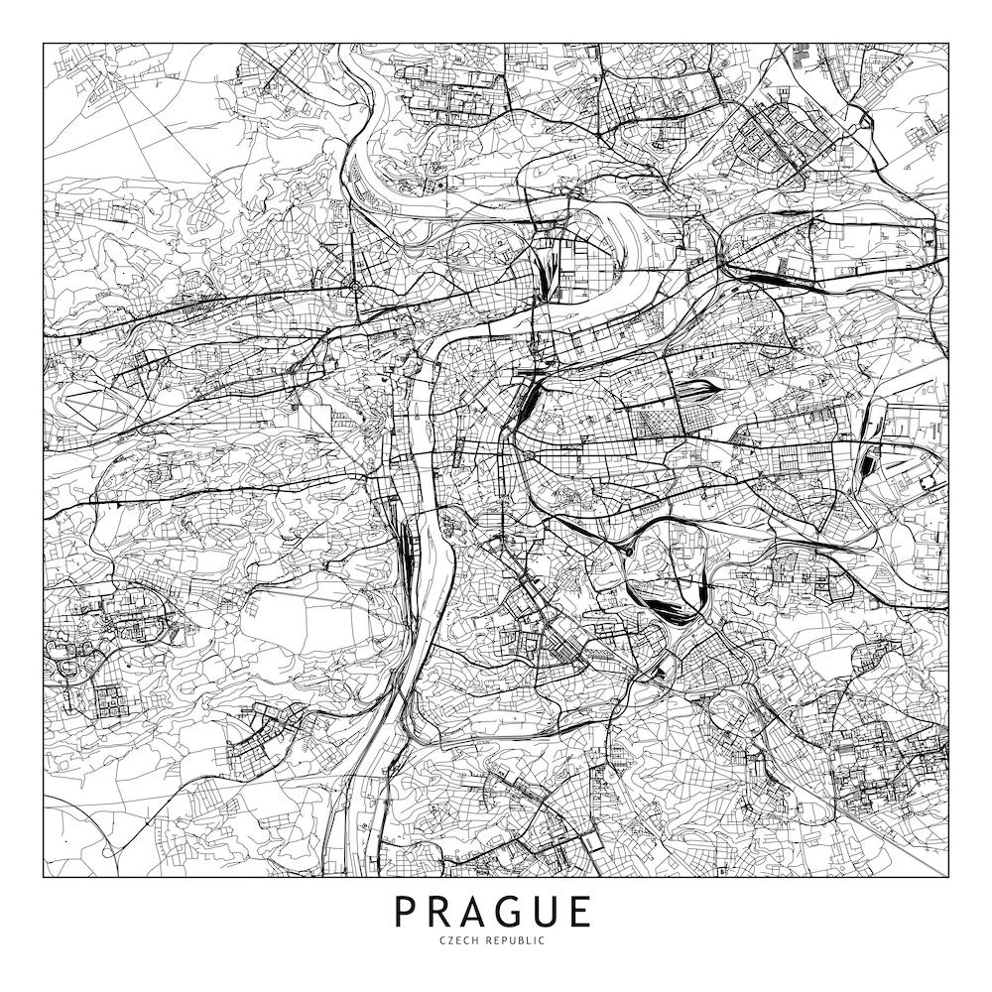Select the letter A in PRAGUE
click(479, 911)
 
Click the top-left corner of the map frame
click(44, 44)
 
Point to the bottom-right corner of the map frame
click(948, 877)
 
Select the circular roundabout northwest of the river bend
click(354, 288)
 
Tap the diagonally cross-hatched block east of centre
click(651, 425)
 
